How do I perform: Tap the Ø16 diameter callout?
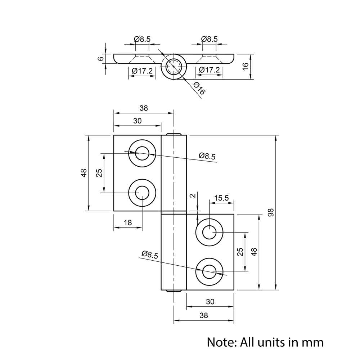[198, 89]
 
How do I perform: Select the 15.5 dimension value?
[221, 198]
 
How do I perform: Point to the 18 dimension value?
[128, 223]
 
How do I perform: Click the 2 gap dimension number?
[193, 196]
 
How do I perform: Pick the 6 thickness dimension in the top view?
[101, 58]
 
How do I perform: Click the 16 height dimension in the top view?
[245, 66]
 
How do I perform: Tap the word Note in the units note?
[220, 342]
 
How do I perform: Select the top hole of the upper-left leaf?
[142, 153]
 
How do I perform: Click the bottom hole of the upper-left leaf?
[143, 193]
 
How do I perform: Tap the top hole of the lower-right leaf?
[209, 232]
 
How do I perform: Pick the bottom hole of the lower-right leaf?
[209, 272]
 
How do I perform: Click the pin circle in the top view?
[174, 67]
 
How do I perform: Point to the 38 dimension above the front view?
[143, 108]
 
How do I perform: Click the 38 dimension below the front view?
[203, 315]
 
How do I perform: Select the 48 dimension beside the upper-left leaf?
[84, 173]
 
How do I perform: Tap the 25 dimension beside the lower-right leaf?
[240, 252]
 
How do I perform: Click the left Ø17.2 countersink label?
[142, 71]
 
